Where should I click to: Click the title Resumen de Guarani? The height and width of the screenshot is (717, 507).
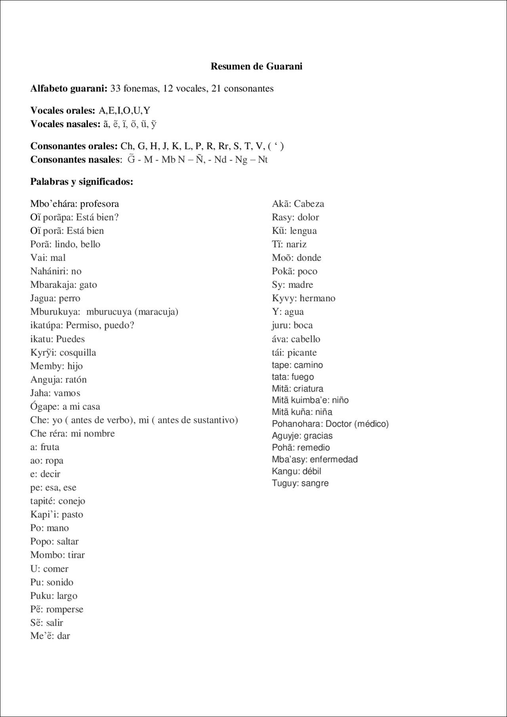tap(256, 66)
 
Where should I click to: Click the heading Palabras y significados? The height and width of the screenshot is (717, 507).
tap(82, 182)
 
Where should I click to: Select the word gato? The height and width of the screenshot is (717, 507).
tap(88, 285)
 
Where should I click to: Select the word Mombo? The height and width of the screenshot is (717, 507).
tap(44, 555)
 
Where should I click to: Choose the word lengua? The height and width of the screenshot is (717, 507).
tap(303, 231)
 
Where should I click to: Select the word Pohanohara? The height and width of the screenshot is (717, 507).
tap(297, 424)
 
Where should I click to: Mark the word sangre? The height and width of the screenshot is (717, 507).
tap(315, 483)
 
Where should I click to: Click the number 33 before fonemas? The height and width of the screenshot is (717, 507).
tap(116, 88)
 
